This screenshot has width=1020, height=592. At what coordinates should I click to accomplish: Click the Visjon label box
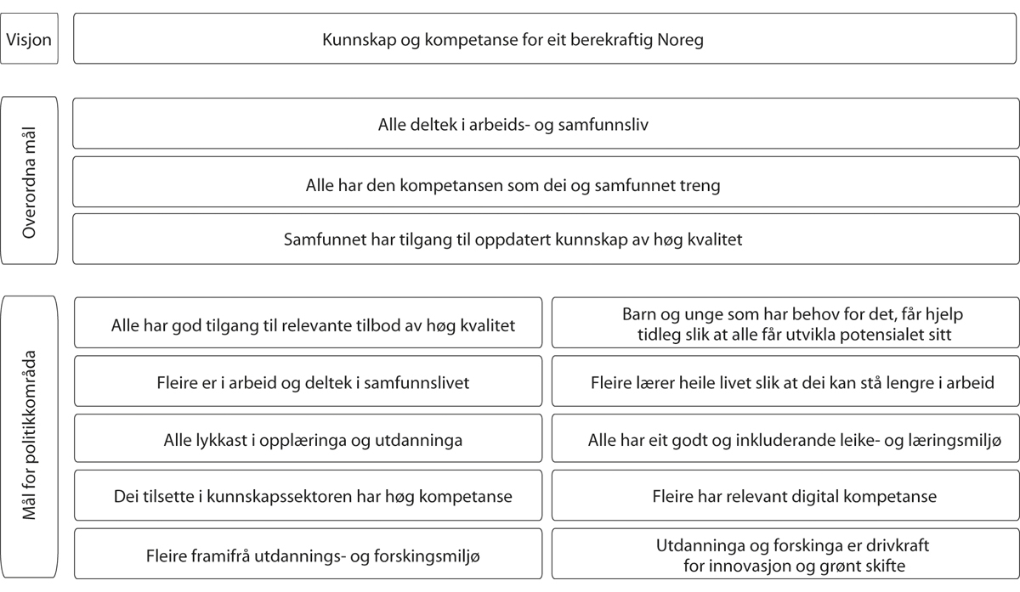click(30, 39)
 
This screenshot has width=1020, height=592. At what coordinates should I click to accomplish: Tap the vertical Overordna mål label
click(30, 181)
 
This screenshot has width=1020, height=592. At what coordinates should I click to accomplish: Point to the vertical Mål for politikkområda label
click(30, 437)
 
